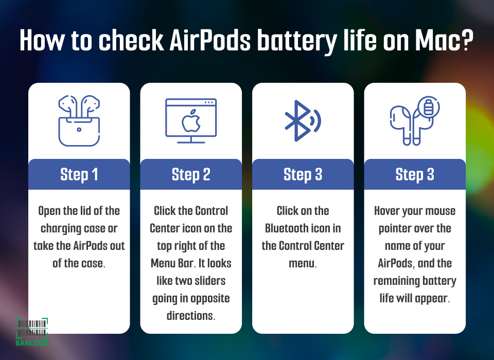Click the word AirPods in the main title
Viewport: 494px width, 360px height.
[210, 40]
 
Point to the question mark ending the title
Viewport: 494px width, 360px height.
[465, 40]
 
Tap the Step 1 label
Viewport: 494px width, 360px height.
[79, 174]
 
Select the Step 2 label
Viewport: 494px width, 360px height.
[191, 174]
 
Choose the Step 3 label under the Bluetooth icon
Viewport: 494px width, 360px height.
[303, 174]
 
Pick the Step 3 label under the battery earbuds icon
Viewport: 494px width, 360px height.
[415, 174]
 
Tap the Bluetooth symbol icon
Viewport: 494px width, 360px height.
[302, 121]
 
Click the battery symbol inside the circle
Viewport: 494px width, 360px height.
[429, 107]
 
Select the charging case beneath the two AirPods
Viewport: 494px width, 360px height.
[79, 131]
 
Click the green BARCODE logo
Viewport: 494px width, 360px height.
[32, 332]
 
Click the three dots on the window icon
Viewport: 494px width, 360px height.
[209, 102]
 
